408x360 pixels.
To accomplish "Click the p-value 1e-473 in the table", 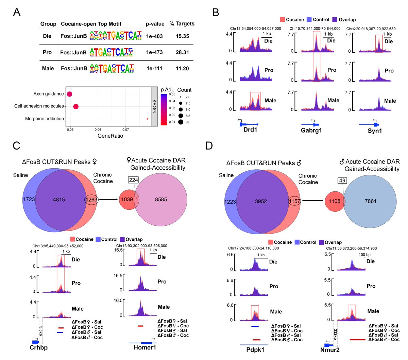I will coord(154,52).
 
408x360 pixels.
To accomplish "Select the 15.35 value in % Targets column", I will coord(182,36).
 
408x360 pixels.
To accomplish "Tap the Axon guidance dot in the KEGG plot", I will coord(70,94).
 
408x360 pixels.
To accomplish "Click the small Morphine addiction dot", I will coord(147,119).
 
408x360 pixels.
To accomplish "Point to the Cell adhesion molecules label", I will coord(39,106).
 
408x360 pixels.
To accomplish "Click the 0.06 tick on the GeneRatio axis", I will coord(98,130).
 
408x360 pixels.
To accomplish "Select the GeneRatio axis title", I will coord(110,136).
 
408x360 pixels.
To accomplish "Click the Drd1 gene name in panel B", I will coord(250,130).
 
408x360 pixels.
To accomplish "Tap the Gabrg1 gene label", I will coord(311,130).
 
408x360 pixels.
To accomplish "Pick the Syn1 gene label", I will coord(375,131).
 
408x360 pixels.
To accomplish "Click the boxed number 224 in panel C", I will coord(134,180).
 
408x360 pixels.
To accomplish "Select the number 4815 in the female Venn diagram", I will coord(59,200).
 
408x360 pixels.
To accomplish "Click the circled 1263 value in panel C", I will coord(91,200).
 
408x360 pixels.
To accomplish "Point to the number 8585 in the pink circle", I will coord(161,200).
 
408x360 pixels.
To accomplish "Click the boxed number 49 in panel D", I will coord(342,181).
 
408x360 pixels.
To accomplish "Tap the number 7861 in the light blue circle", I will coord(370,201).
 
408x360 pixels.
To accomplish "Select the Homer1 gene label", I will coord(145,347).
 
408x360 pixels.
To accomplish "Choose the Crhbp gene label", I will coord(39,347).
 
